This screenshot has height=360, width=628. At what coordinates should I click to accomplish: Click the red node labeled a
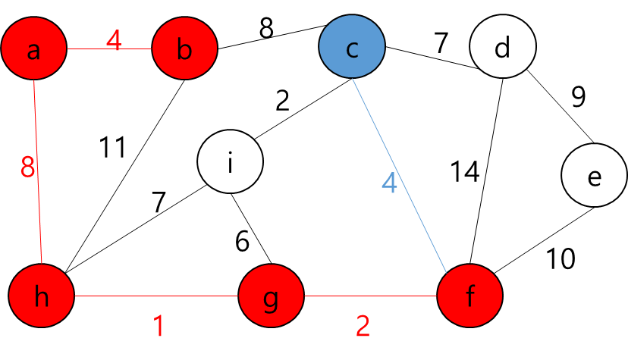[33, 49]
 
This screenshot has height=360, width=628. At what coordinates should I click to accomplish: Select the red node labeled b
[184, 49]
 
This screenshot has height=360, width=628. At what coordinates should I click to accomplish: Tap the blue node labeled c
[352, 47]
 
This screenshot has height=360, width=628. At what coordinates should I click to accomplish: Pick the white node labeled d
[502, 47]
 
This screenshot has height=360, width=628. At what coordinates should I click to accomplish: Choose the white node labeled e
[594, 175]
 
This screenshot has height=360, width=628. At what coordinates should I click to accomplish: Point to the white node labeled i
[230, 161]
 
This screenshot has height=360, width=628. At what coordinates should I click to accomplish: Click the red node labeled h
[42, 296]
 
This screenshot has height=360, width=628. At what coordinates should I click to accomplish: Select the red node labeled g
[271, 296]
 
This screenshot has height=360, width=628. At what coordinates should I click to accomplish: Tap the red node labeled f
[469, 296]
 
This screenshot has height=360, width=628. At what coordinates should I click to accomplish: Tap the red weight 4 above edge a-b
[113, 40]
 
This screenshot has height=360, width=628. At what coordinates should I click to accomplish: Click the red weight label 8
[28, 167]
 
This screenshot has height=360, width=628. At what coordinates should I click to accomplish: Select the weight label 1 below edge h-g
[159, 327]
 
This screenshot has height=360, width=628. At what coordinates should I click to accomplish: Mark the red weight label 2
[363, 327]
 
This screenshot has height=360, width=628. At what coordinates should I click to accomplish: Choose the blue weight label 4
[389, 183]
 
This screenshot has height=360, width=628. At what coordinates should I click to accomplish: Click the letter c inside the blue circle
[352, 49]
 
